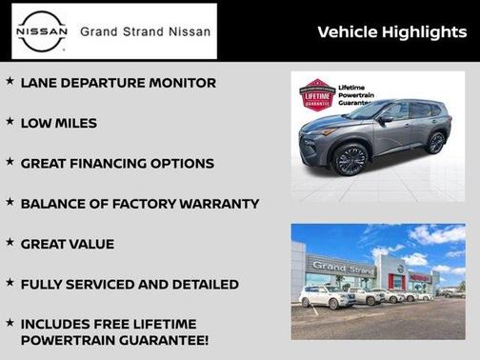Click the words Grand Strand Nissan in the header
(145, 31)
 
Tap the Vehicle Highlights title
(391, 32)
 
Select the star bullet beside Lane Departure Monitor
(10, 82)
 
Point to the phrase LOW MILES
(59, 123)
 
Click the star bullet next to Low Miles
(10, 122)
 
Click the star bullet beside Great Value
(10, 242)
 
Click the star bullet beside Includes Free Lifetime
(10, 323)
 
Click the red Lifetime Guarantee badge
(319, 98)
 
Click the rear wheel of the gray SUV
(435, 143)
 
